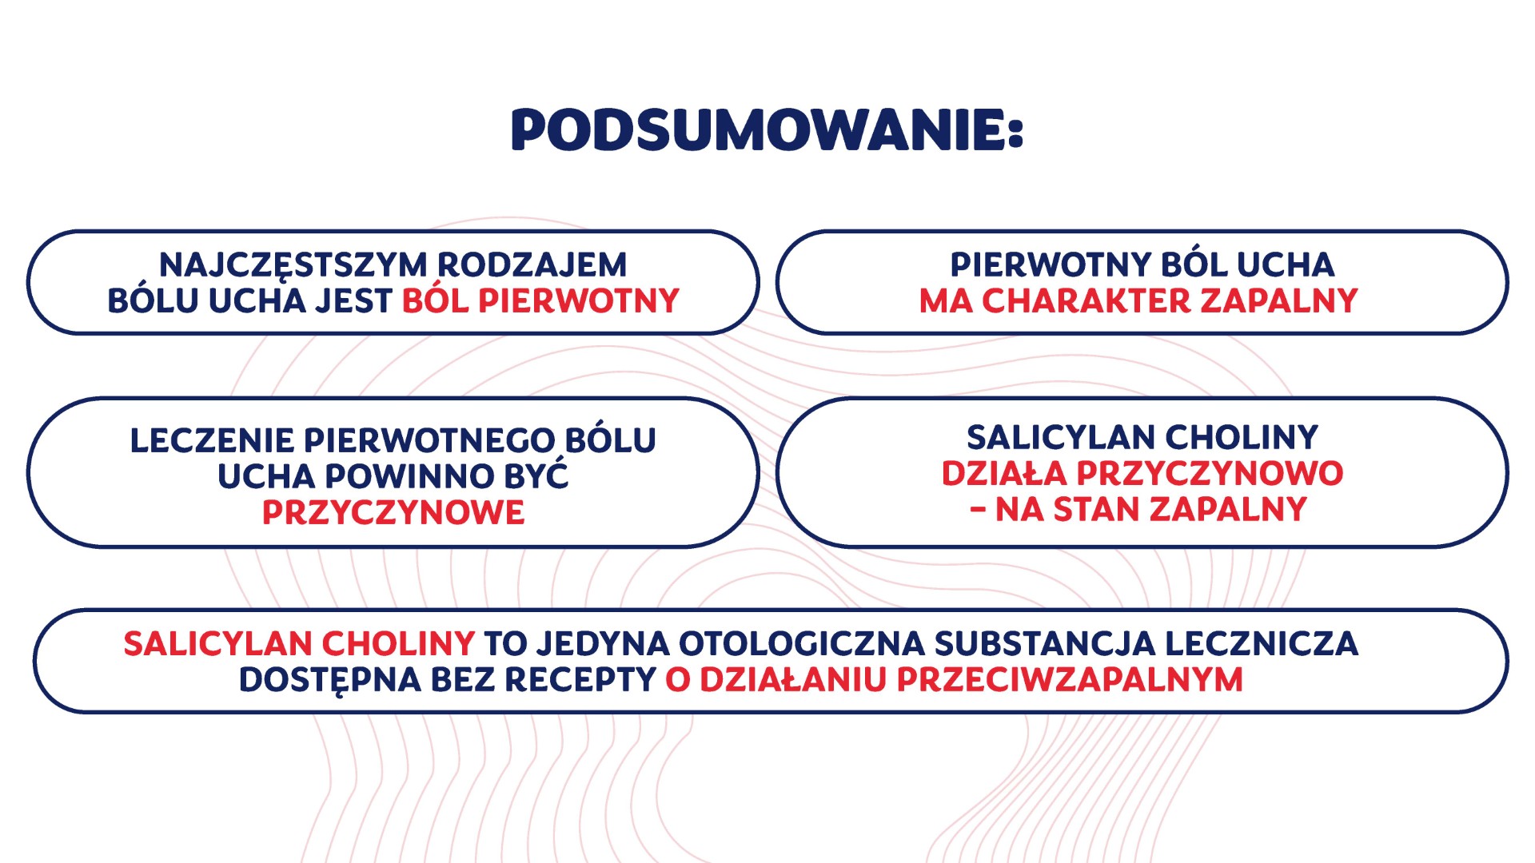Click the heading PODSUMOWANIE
(767, 129)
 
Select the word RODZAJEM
(532, 264)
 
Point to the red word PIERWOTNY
(579, 301)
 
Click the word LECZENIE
(212, 440)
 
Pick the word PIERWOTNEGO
(429, 440)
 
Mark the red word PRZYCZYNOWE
(393, 512)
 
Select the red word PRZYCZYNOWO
(1210, 473)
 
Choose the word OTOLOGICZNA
(802, 644)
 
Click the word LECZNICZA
(1262, 644)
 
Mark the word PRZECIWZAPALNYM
(1070, 680)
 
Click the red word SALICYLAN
(217, 644)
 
